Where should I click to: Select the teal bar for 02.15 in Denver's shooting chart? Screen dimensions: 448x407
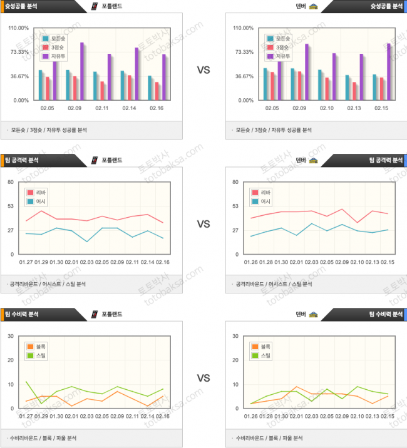pyautogui.click(x=375, y=88)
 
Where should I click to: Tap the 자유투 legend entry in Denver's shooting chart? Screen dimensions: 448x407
pyautogui.click(x=283, y=56)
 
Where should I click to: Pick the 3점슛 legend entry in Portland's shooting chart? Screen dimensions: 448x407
pyautogui.click(x=58, y=48)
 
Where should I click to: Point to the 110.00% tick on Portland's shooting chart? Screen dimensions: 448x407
pyautogui.click(x=19, y=28)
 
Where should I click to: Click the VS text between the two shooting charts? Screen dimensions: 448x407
pyautogui.click(x=203, y=70)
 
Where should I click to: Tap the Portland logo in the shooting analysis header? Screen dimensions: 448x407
pyautogui.click(x=95, y=6)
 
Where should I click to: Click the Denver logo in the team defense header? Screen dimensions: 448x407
pyautogui.click(x=313, y=314)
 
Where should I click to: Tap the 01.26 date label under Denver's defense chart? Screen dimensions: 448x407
pyautogui.click(x=250, y=416)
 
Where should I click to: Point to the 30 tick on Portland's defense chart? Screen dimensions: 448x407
pyautogui.click(x=11, y=336)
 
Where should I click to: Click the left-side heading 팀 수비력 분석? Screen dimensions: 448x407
pyautogui.click(x=22, y=314)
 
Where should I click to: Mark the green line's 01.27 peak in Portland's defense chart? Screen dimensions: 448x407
pyautogui.click(x=26, y=382)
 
